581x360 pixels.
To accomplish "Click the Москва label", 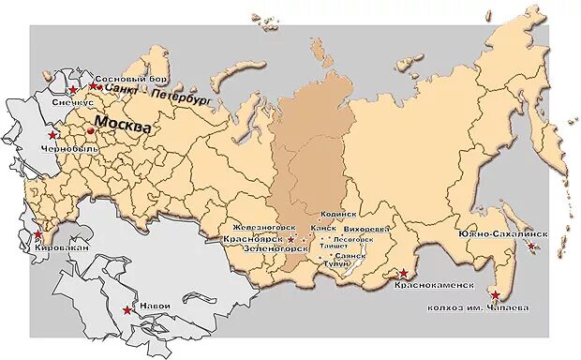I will click(x=123, y=125).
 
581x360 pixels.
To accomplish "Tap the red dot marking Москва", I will click(x=90, y=131).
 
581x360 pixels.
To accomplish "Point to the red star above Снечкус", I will click(x=73, y=89).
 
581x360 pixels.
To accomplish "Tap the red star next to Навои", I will click(x=127, y=309).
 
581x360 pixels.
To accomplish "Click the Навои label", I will click(x=154, y=306).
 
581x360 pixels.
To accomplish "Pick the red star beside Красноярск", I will click(x=290, y=240).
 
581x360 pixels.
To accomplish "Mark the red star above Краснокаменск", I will click(x=402, y=273).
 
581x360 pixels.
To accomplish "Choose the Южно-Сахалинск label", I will click(x=502, y=233).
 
